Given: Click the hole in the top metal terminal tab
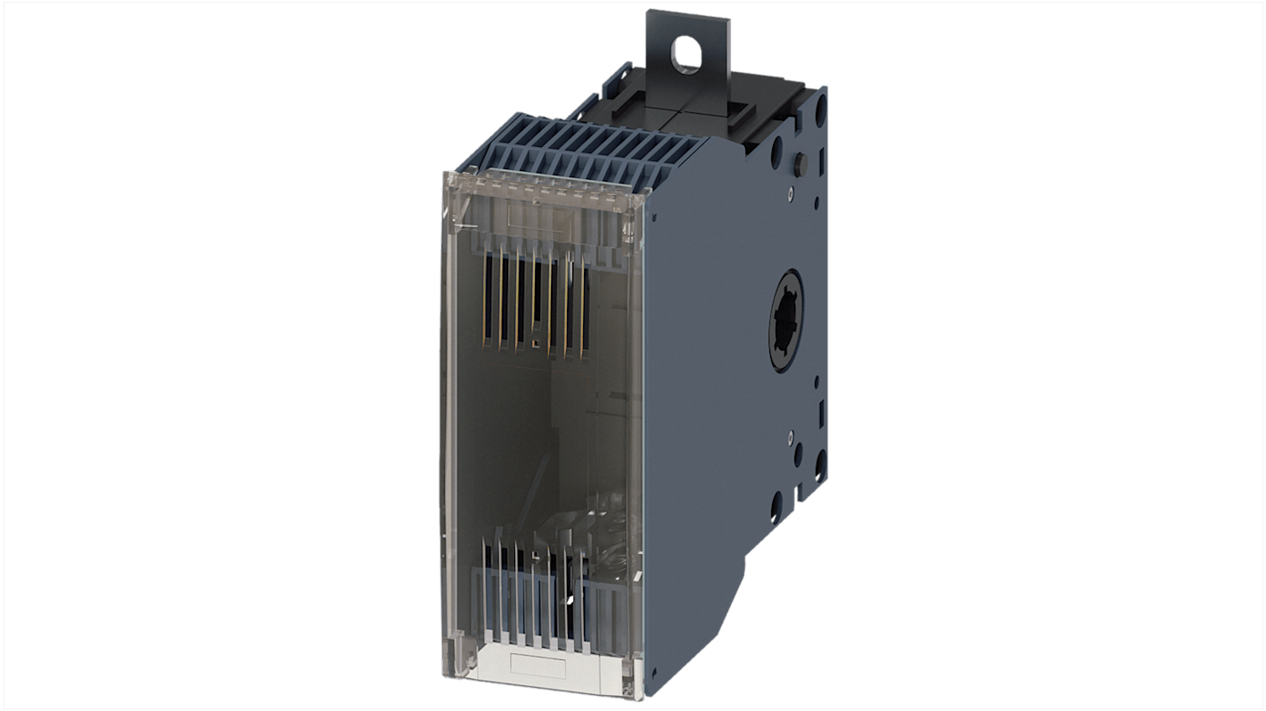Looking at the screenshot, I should [685, 56].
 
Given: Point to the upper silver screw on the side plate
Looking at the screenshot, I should [790, 191].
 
